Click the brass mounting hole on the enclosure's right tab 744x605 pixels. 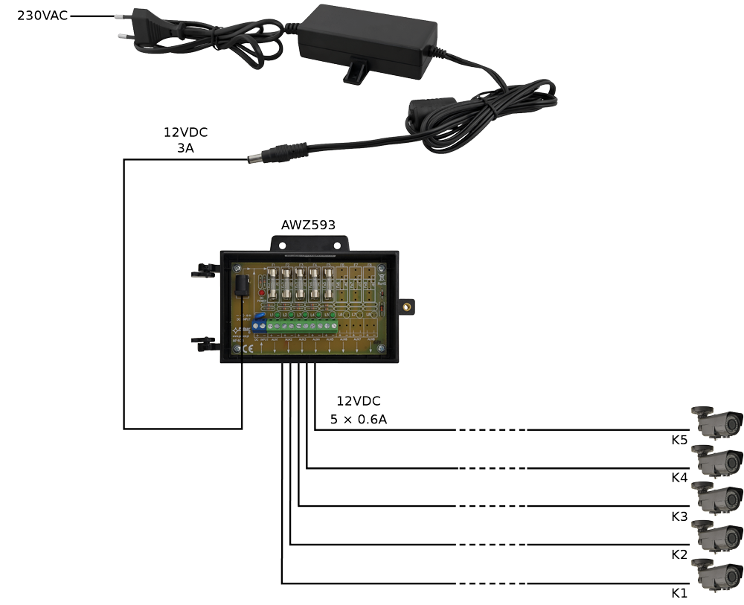[x=407, y=304]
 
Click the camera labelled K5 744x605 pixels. [x=717, y=422]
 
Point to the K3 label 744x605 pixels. [x=679, y=516]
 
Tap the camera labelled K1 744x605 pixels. [x=717, y=574]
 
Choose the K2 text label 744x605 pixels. [x=679, y=555]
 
